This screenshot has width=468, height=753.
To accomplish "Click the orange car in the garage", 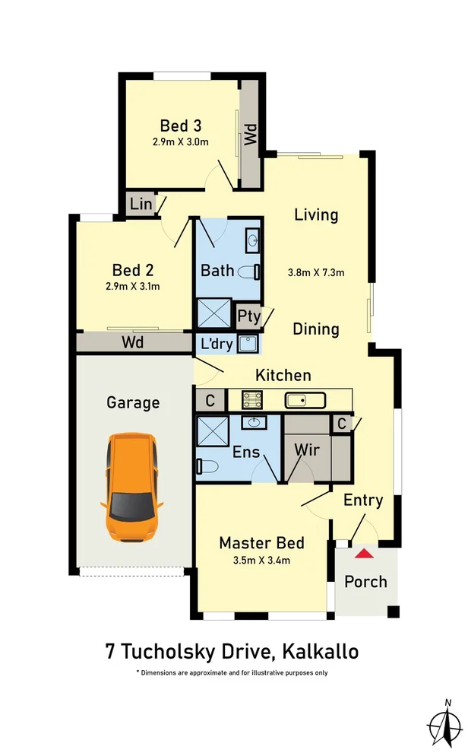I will coord(132,487).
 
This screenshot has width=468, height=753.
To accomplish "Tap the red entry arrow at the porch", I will coord(365,554).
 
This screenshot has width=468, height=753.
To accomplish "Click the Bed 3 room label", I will coord(180,125).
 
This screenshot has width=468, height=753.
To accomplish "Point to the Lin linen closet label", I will coord(141,205).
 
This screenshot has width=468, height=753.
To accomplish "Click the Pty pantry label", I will coord(248,316).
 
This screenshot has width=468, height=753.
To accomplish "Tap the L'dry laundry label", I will coord(217,344).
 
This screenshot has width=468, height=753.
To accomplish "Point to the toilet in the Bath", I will coord(250,271).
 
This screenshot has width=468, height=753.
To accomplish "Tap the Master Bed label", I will coord(261,543).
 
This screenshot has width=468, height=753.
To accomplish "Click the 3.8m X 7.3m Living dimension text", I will coord(317,272).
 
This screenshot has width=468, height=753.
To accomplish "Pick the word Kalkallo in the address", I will coord(320,652).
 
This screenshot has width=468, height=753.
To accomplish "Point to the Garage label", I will coord(133,402).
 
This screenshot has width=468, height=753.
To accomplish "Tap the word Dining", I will coord(316,329).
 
